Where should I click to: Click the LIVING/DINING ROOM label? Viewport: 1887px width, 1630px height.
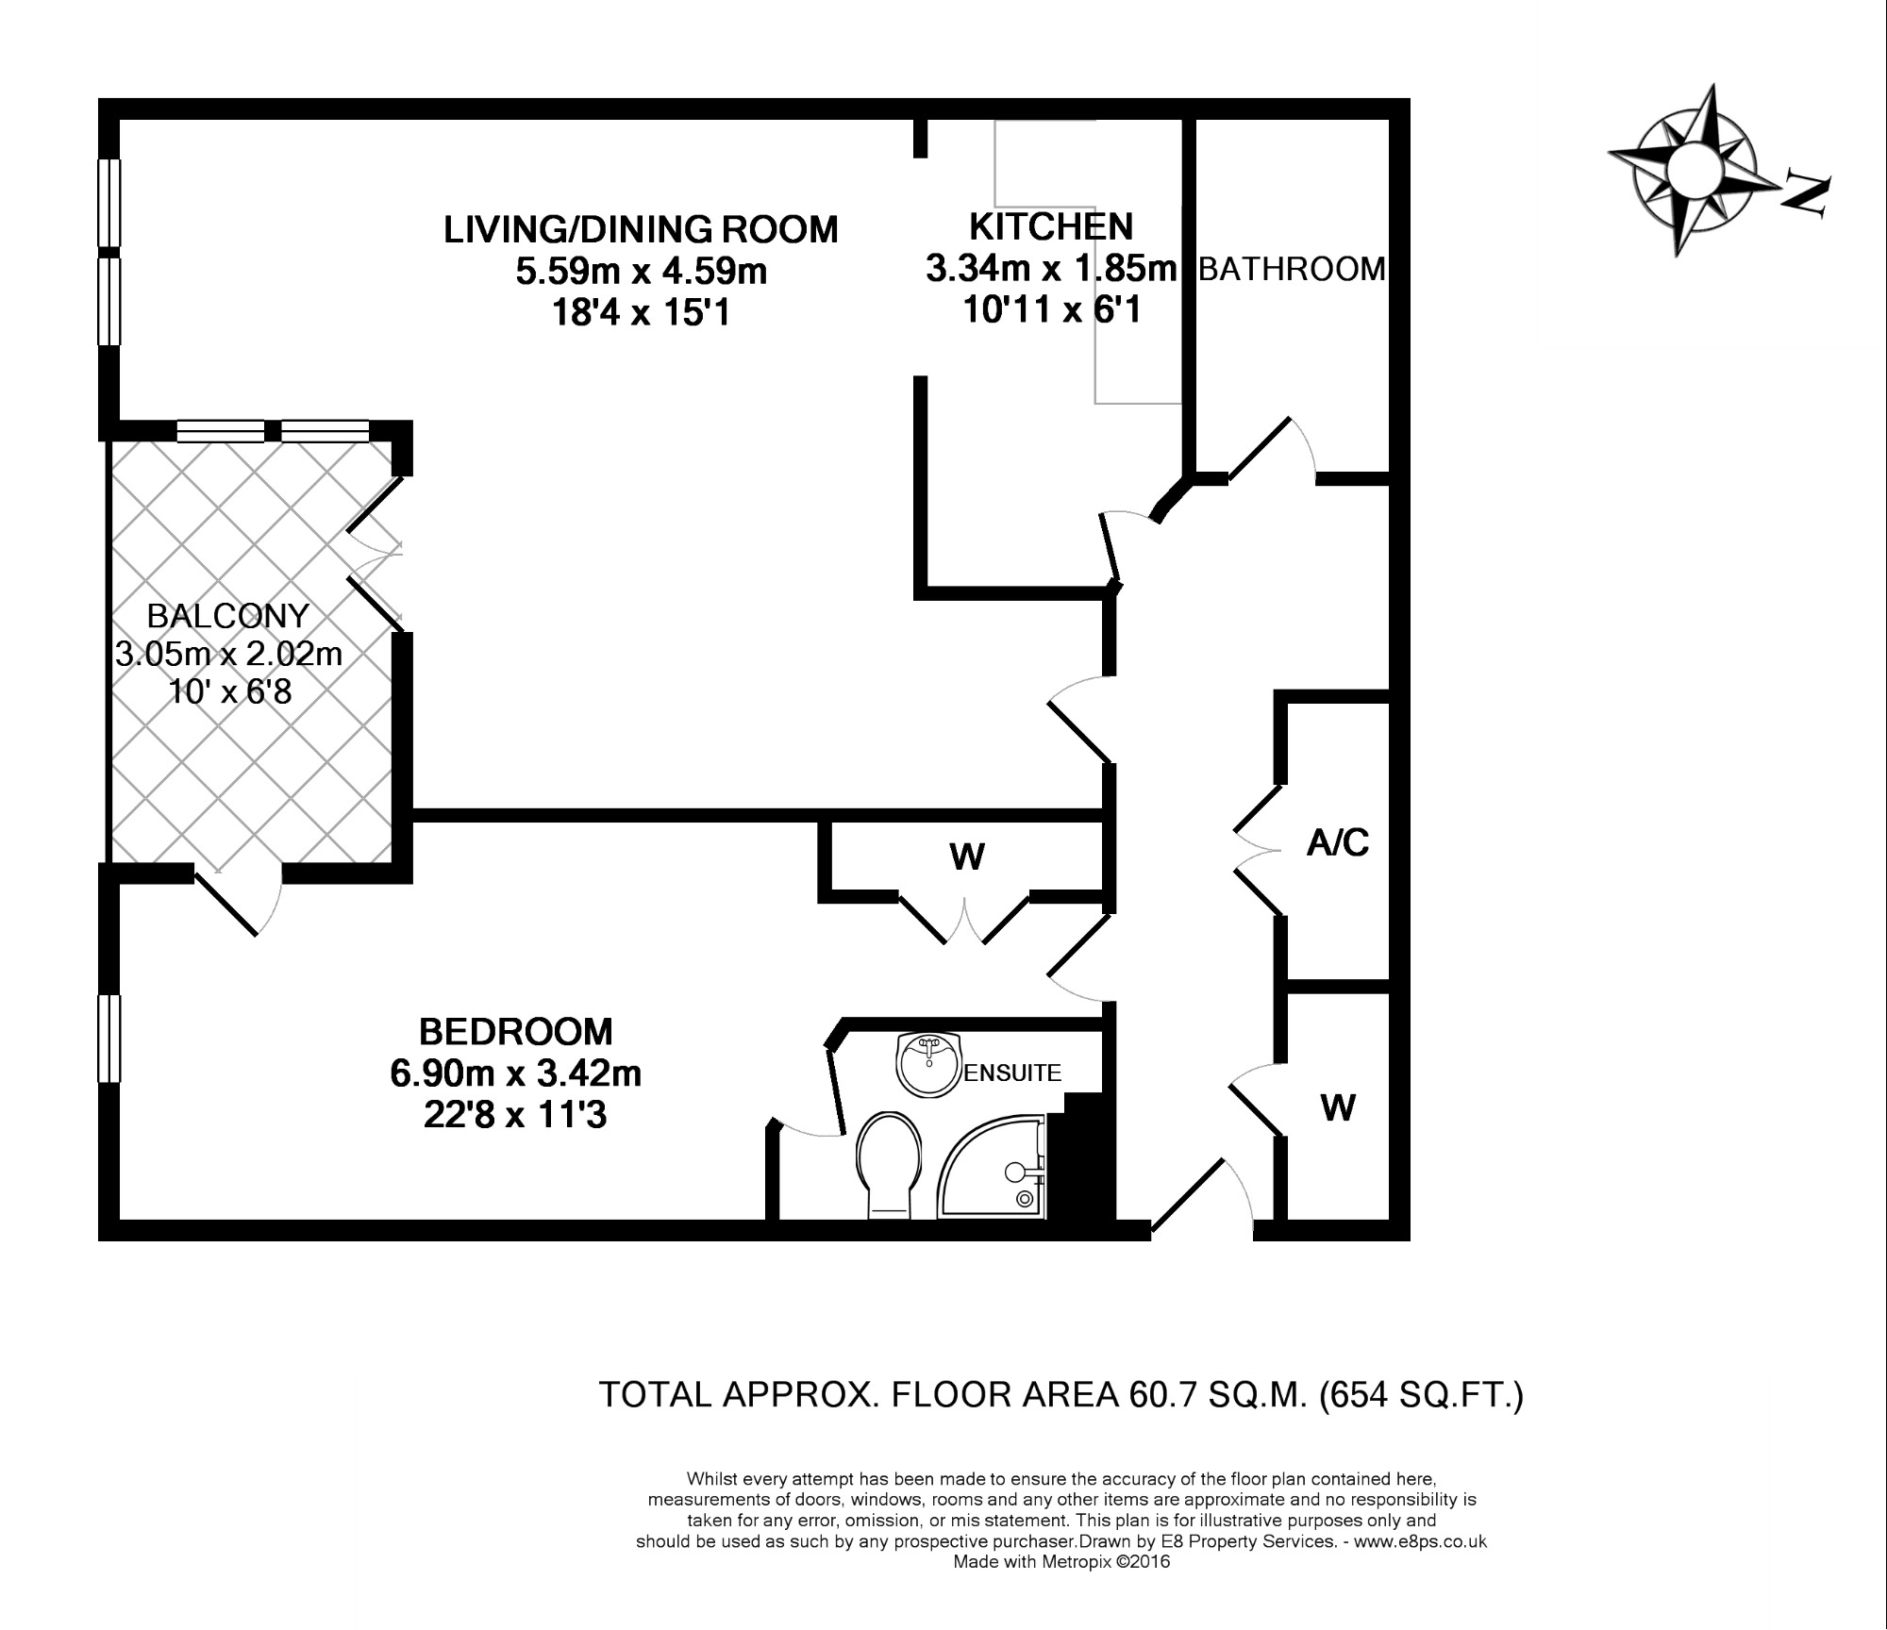point(641,229)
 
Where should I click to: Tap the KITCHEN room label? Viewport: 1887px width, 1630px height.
point(1051,226)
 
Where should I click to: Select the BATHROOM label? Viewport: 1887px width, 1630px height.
point(1292,270)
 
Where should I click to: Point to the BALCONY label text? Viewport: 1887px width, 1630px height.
point(227,616)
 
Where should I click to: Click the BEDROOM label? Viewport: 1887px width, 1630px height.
point(515,1032)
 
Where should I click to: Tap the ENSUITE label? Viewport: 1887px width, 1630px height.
point(1012,1073)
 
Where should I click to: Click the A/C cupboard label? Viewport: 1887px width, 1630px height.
point(1338,842)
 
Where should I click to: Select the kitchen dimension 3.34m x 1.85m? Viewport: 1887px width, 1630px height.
point(1052,269)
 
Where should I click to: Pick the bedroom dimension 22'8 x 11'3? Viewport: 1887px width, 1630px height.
point(515,1116)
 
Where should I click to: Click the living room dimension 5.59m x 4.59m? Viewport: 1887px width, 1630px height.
point(641,272)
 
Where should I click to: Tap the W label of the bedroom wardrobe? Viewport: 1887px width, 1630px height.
point(967,857)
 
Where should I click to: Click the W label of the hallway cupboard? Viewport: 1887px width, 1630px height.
point(1338,1107)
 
